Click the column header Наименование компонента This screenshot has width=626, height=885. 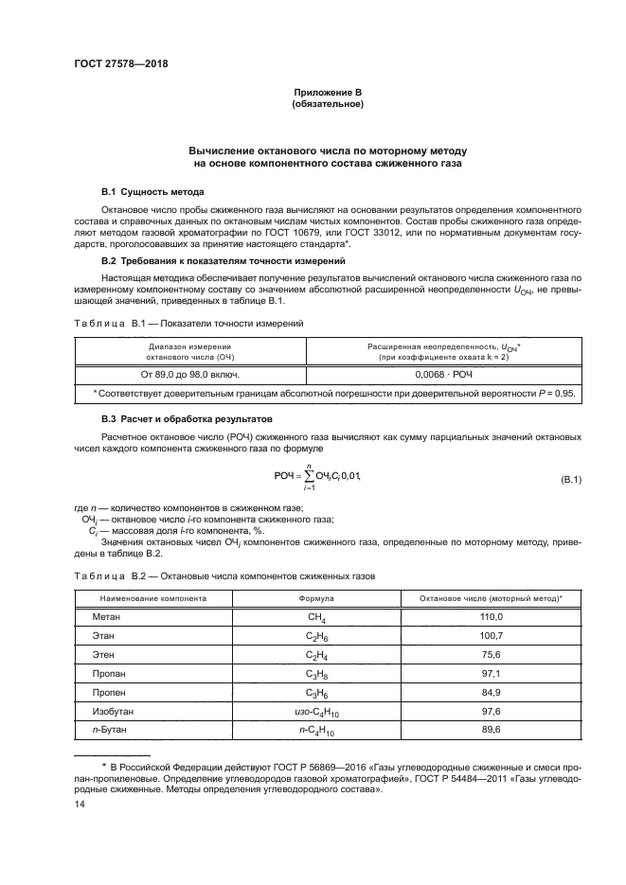coord(149,597)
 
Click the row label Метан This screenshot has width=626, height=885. coord(107,616)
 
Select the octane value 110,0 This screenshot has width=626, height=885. coord(492,616)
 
